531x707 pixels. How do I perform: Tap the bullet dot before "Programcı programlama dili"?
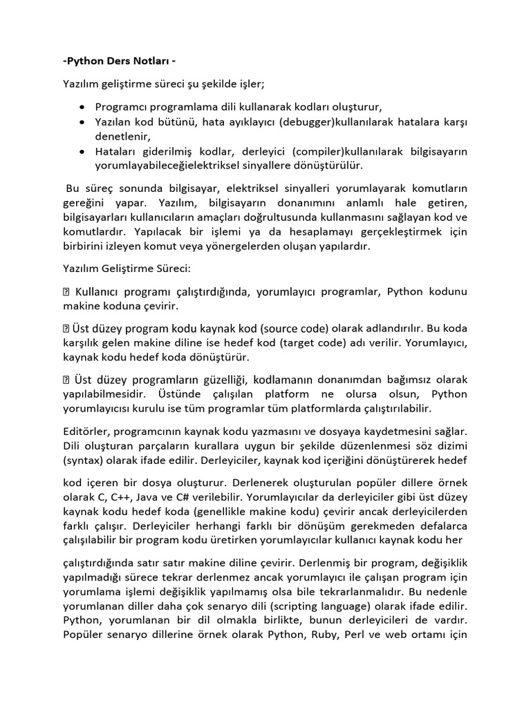(83, 107)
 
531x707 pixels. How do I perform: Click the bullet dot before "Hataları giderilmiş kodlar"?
(83, 151)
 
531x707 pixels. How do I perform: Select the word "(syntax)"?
(82, 460)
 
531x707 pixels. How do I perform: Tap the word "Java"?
(160, 496)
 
